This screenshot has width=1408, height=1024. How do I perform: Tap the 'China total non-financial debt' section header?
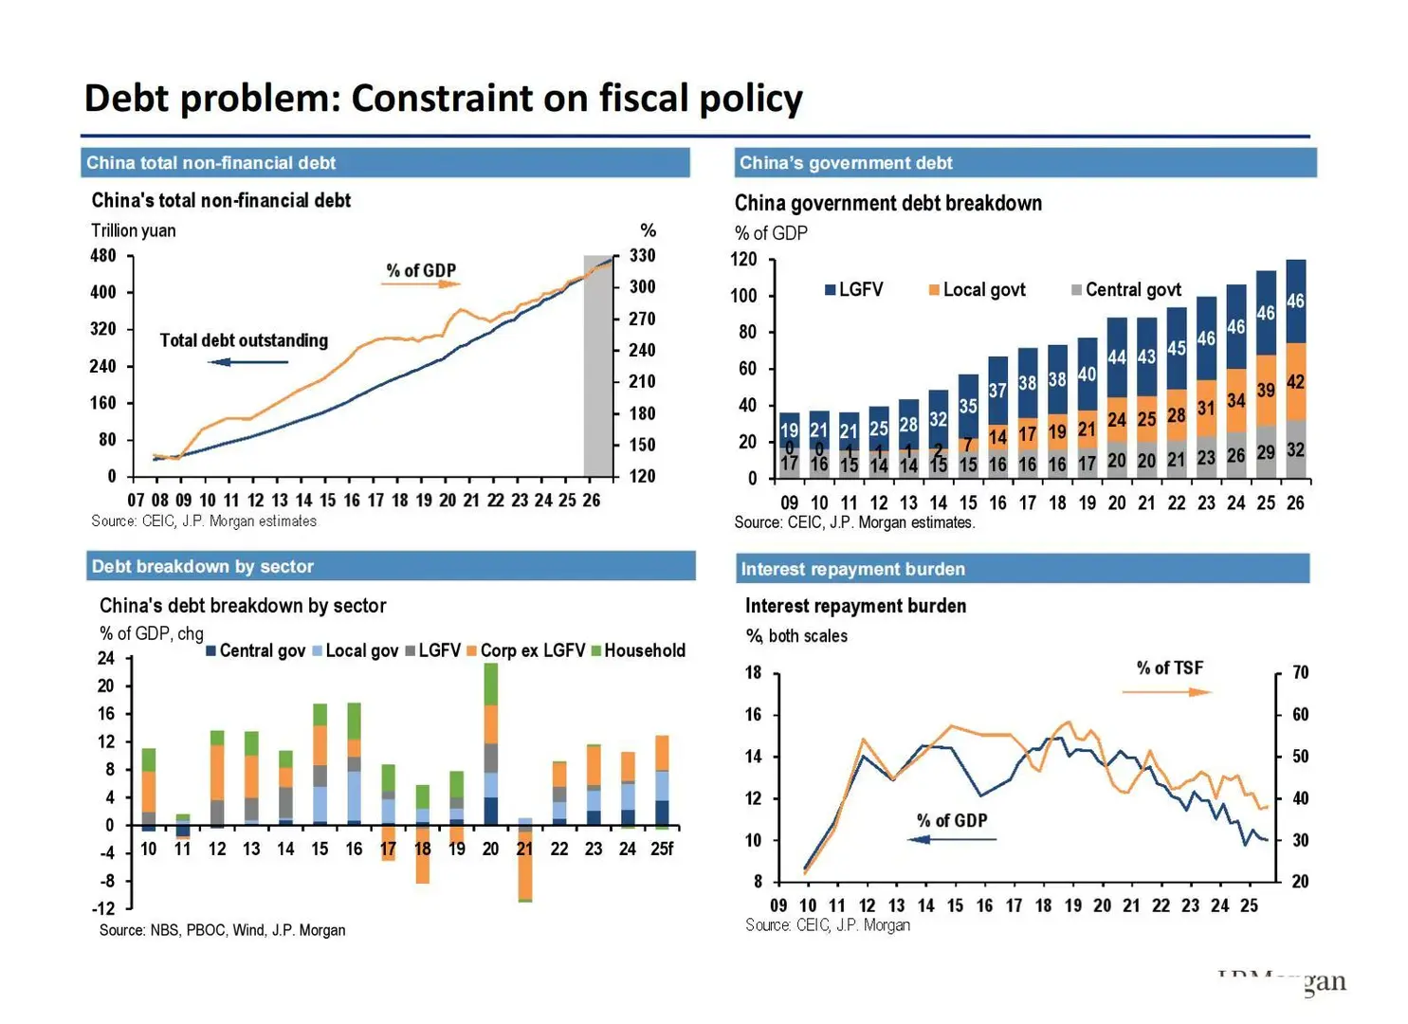(x=210, y=163)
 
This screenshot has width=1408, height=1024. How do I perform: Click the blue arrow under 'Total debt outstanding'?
(x=247, y=362)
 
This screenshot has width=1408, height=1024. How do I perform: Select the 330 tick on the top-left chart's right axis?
(x=642, y=256)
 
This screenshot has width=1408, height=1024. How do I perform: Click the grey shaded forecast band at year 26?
(x=597, y=370)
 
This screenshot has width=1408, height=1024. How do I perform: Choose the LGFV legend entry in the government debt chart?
(x=854, y=290)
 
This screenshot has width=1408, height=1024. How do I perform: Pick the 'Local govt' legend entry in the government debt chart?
(x=978, y=290)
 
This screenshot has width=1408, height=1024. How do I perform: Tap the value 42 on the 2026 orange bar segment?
(x=1295, y=382)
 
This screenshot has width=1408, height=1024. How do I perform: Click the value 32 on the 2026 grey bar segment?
(x=1295, y=450)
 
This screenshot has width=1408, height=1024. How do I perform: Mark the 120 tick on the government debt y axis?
(x=744, y=260)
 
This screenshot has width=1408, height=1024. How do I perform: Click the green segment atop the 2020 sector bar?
(x=491, y=684)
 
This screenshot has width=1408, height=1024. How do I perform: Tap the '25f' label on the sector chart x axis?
(x=662, y=850)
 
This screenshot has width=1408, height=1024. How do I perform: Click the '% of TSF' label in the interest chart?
(x=1169, y=668)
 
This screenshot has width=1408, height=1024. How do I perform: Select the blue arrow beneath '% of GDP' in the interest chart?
(x=952, y=839)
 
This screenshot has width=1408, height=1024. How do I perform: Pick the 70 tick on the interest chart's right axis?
(x=1300, y=673)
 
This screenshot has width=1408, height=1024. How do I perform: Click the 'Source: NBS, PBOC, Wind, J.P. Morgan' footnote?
(x=222, y=931)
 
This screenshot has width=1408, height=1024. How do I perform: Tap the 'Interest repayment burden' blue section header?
(x=852, y=569)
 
